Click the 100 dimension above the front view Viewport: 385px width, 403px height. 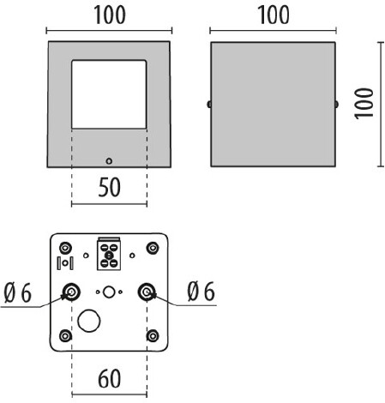(110, 15)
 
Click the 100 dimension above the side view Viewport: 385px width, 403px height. (274, 15)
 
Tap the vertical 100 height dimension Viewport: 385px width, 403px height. (364, 103)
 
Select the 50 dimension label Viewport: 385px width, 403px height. (110, 188)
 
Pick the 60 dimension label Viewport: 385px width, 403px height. (110, 379)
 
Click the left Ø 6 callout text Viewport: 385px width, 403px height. (18, 292)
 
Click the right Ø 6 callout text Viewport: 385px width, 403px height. (201, 292)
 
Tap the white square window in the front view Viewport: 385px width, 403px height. (109, 94)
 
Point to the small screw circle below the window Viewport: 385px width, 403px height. (109, 161)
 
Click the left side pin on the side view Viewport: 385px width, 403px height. (209, 105)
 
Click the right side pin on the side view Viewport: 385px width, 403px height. (337, 105)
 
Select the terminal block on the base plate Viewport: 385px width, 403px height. (109, 254)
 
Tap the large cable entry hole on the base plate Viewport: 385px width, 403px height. (89, 321)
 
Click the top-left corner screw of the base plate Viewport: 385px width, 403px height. (65, 248)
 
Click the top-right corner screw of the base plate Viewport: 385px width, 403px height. (153, 248)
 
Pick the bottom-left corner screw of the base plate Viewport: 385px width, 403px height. (65, 335)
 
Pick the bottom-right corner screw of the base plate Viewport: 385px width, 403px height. (153, 335)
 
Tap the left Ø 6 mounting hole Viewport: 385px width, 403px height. (71, 292)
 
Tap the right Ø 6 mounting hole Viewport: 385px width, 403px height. (147, 292)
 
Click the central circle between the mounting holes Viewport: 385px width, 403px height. (109, 292)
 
